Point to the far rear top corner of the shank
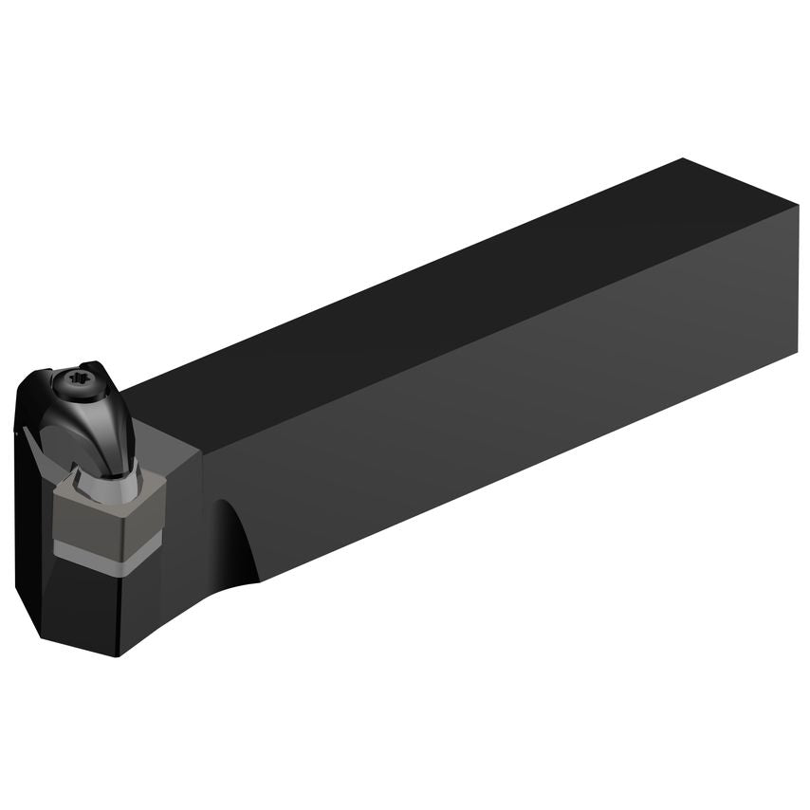683,159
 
